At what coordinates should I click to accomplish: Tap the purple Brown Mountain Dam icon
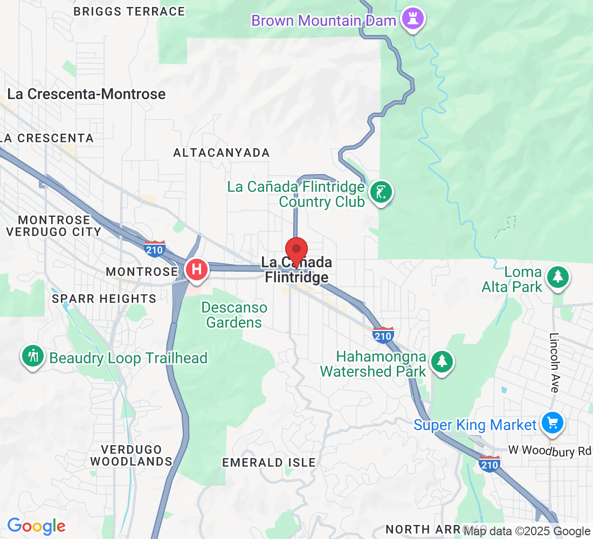413,20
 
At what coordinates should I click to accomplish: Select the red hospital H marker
197,269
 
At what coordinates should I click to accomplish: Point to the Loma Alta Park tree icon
558,277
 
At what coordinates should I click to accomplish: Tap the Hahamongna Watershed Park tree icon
442,361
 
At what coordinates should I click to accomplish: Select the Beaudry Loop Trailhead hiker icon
33,356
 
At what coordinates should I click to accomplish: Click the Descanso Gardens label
234,315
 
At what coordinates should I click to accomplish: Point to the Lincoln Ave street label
555,362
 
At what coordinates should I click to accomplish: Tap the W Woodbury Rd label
550,451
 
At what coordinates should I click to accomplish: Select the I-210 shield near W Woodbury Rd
489,464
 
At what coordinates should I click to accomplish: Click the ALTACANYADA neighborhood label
221,153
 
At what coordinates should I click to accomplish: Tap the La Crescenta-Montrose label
86,94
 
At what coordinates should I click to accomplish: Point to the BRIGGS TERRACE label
129,11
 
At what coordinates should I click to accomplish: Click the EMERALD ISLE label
269,462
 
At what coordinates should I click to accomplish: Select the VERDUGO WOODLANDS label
131,455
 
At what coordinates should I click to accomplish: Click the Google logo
36,526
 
